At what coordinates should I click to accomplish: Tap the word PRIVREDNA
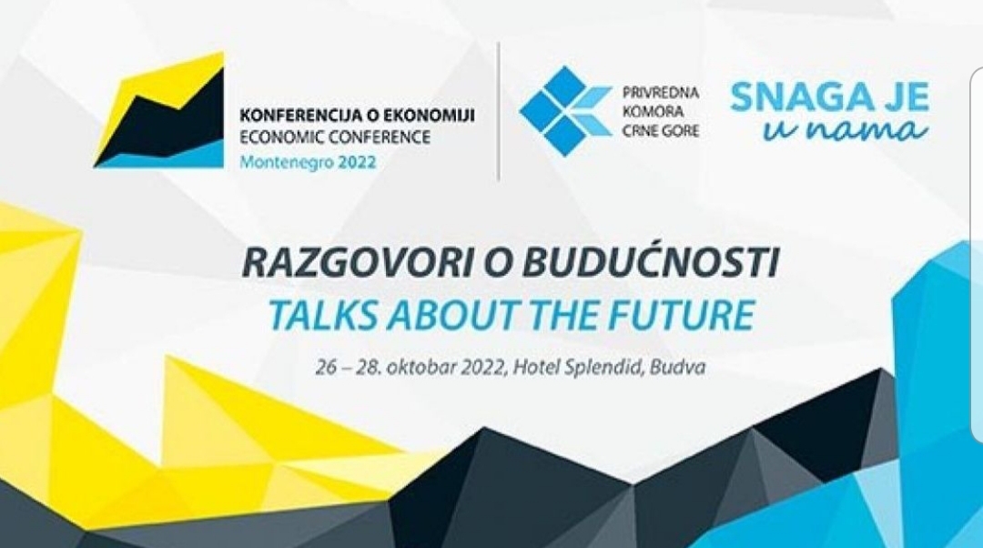point(660,94)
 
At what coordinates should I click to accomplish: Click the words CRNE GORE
point(660,131)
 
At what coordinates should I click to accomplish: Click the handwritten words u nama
point(845,130)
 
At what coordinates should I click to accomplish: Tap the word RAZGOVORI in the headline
point(356,263)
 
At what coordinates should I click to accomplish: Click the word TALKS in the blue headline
point(322,315)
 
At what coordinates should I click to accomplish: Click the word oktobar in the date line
point(422,367)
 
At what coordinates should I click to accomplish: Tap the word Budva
point(678,367)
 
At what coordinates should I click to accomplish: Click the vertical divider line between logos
point(499,111)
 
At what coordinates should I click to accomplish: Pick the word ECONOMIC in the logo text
point(282,137)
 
